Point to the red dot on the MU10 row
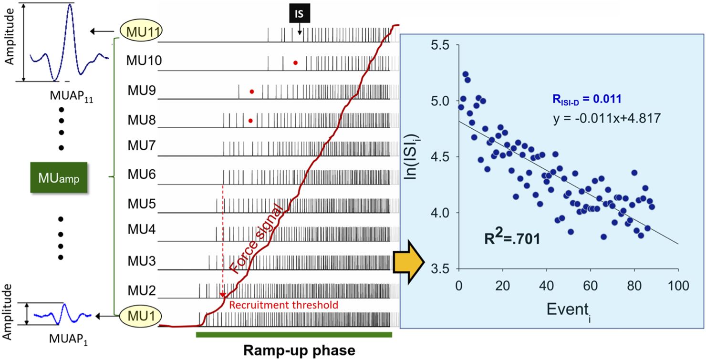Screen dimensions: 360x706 (x=295, y=62)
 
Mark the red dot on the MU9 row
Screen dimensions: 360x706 (x=252, y=91)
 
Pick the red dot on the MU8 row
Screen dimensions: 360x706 (x=250, y=121)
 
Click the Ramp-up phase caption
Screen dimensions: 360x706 (x=300, y=350)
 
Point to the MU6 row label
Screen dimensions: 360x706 (x=142, y=174)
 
